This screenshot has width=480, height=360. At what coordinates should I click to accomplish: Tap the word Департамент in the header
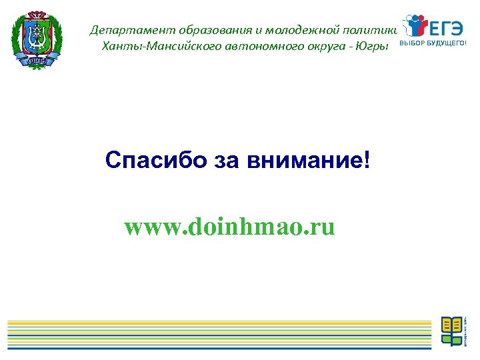(122, 30)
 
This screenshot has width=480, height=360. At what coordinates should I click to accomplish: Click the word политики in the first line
(373, 30)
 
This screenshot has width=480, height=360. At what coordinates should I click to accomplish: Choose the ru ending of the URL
(321, 229)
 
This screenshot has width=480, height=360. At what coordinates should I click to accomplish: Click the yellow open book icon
(452, 325)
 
